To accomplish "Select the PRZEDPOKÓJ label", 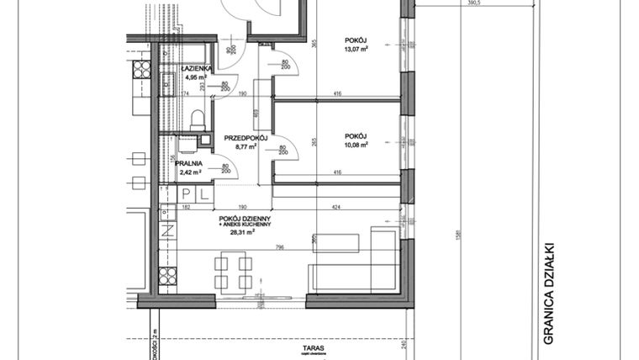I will coord(246,137).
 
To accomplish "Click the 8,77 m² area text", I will coord(246,146).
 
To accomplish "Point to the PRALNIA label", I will coord(191,164).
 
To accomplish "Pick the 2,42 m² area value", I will coord(191,173).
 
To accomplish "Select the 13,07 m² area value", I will coord(356,47).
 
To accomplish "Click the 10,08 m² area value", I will coord(356,144).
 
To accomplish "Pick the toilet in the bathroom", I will coord(197,119).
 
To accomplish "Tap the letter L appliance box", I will coord(202,194).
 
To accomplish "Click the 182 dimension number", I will coord(187,206).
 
